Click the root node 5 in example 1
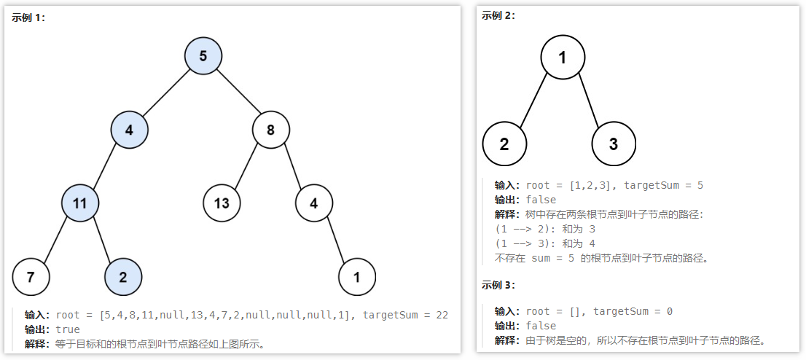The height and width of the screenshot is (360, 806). pyautogui.click(x=203, y=56)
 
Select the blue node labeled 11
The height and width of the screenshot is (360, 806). pyautogui.click(x=80, y=203)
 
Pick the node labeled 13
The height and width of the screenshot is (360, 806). pyautogui.click(x=222, y=203)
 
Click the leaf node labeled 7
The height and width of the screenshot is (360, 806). pyautogui.click(x=31, y=277)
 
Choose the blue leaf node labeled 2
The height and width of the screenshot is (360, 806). pyautogui.click(x=122, y=277)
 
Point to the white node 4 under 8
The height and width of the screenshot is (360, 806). pyautogui.click(x=313, y=203)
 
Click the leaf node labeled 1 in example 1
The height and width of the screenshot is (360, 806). pyautogui.click(x=357, y=277)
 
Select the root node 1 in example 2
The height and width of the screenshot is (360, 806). pyautogui.click(x=563, y=56)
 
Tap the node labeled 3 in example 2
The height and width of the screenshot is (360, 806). pyautogui.click(x=614, y=144)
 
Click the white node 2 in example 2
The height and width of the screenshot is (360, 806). pyautogui.click(x=504, y=144)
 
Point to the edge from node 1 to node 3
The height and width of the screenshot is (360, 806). pyautogui.click(x=589, y=101)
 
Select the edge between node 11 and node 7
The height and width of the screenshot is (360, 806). pyautogui.click(x=56, y=240)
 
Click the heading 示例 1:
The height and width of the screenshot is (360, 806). pyautogui.click(x=28, y=17)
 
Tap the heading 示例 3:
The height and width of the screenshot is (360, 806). pyautogui.click(x=498, y=284)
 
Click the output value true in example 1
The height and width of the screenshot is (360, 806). pyautogui.click(x=68, y=329)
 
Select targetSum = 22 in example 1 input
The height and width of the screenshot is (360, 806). pyautogui.click(x=405, y=315)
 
